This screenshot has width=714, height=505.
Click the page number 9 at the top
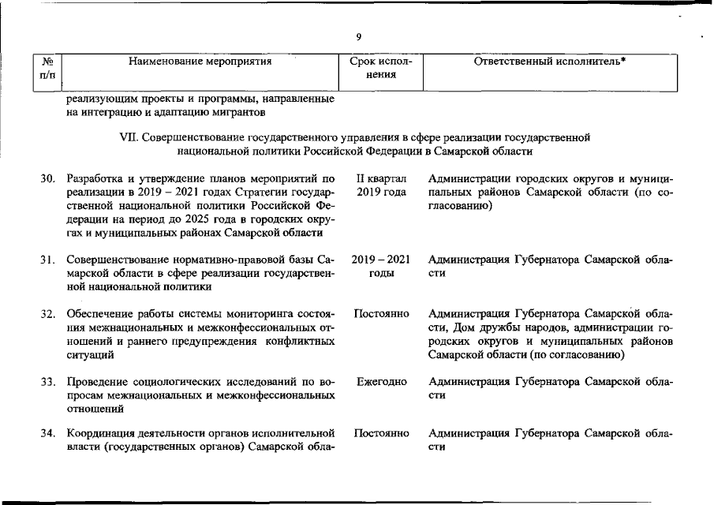(x=358, y=36)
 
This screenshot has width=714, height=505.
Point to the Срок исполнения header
(x=381, y=67)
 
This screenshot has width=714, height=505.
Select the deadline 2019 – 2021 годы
(x=381, y=266)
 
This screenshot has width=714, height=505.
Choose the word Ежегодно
(x=381, y=382)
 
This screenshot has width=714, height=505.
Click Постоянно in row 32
(x=381, y=314)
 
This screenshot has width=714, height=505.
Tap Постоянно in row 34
(x=381, y=433)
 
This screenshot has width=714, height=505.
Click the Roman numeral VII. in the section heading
(x=129, y=137)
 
